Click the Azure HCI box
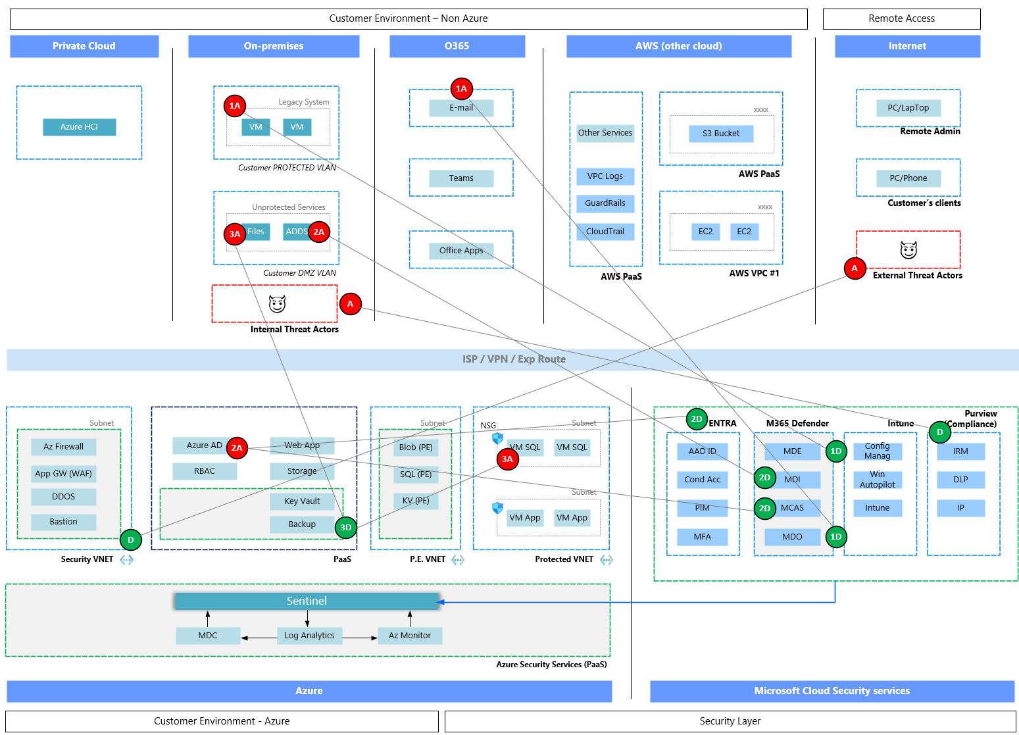tap(79, 127)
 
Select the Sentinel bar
tap(307, 601)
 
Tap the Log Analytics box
tap(309, 636)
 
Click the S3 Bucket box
tap(720, 134)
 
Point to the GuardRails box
tap(605, 203)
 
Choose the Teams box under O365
tap(460, 178)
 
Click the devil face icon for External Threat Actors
tap(908, 250)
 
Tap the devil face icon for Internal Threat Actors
tap(277, 304)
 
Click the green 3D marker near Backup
tap(346, 527)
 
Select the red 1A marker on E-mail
tap(461, 88)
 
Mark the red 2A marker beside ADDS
tap(319, 232)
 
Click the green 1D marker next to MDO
tap(835, 536)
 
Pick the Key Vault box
tap(302, 501)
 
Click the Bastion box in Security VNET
tap(63, 522)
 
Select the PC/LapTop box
tap(908, 108)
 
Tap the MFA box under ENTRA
tap(702, 537)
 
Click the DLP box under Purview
tap(960, 480)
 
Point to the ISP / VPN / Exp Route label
tap(513, 359)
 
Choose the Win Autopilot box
tap(877, 480)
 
